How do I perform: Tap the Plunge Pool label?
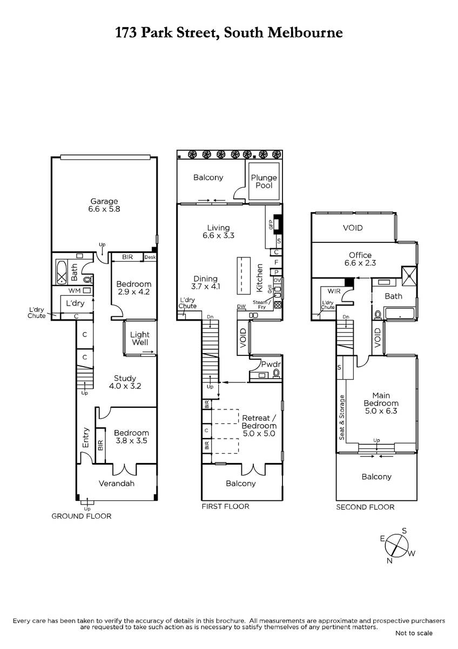pyautogui.click(x=264, y=181)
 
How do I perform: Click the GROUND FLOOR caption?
pyautogui.click(x=82, y=516)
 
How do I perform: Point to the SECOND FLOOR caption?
pyautogui.click(x=365, y=507)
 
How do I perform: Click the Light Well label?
pyautogui.click(x=140, y=339)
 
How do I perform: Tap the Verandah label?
pyautogui.click(x=117, y=484)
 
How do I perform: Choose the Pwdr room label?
pyautogui.click(x=271, y=364)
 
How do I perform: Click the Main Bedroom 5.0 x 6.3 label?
pyautogui.click(x=381, y=403)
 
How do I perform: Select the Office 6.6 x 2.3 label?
pyautogui.click(x=360, y=259)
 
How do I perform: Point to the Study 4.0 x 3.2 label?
pyautogui.click(x=125, y=382)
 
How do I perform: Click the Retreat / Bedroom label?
pyautogui.click(x=259, y=426)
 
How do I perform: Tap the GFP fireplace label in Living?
pyautogui.click(x=271, y=224)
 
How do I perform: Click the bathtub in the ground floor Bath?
pyautogui.click(x=62, y=272)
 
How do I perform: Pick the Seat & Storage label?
pyautogui.click(x=342, y=418)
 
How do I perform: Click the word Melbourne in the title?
pyautogui.click(x=305, y=32)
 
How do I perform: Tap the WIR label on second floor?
pyautogui.click(x=334, y=291)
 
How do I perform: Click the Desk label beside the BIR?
pyautogui.click(x=150, y=257)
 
